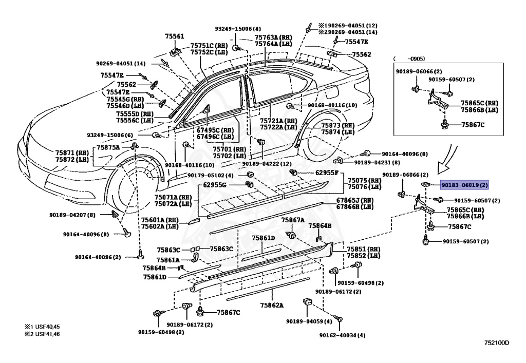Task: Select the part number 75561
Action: tap(174, 36)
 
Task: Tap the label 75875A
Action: tap(108, 147)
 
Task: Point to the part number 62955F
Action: tap(327, 173)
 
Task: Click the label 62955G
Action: tap(215, 184)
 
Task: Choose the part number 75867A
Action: tap(293, 220)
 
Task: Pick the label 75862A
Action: tap(271, 305)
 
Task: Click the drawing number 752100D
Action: tap(496, 342)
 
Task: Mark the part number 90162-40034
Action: tap(342, 335)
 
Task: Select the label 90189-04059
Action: tap(309, 321)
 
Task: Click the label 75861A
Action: tap(168, 260)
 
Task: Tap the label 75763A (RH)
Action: tap(273, 37)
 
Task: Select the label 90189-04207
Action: tap(72, 215)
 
